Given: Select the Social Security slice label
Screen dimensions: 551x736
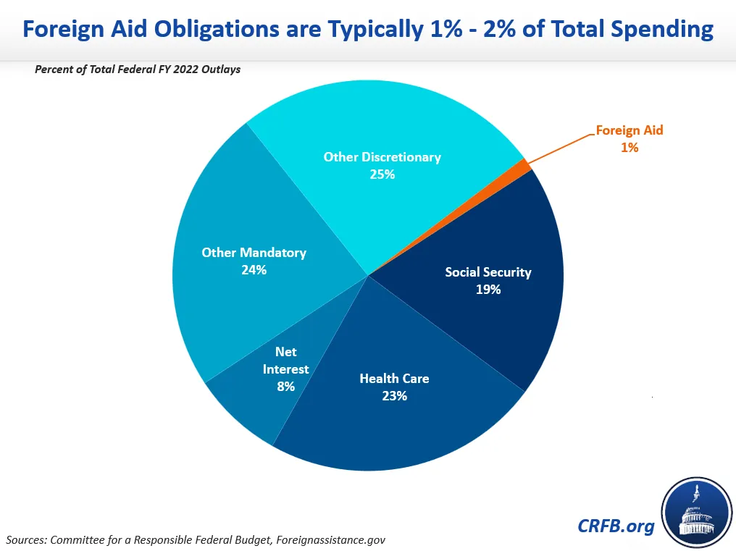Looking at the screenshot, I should pyautogui.click(x=488, y=272).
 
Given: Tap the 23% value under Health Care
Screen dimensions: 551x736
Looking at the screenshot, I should pyautogui.click(x=394, y=396).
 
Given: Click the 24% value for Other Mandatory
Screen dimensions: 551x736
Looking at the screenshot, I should pyautogui.click(x=254, y=270).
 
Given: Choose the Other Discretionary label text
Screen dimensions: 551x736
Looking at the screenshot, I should pyautogui.click(x=382, y=157).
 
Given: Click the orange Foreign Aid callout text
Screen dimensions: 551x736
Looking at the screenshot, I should pyautogui.click(x=630, y=131).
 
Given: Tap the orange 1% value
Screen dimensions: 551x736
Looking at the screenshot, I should pyautogui.click(x=629, y=147).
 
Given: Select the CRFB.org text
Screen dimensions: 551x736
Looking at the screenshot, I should pyautogui.click(x=616, y=526).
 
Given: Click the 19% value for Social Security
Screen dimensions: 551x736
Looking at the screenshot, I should pyautogui.click(x=488, y=290).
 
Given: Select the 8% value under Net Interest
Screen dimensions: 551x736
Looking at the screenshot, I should pyautogui.click(x=285, y=387).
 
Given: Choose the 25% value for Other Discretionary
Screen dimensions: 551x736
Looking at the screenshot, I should pyautogui.click(x=382, y=174).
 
